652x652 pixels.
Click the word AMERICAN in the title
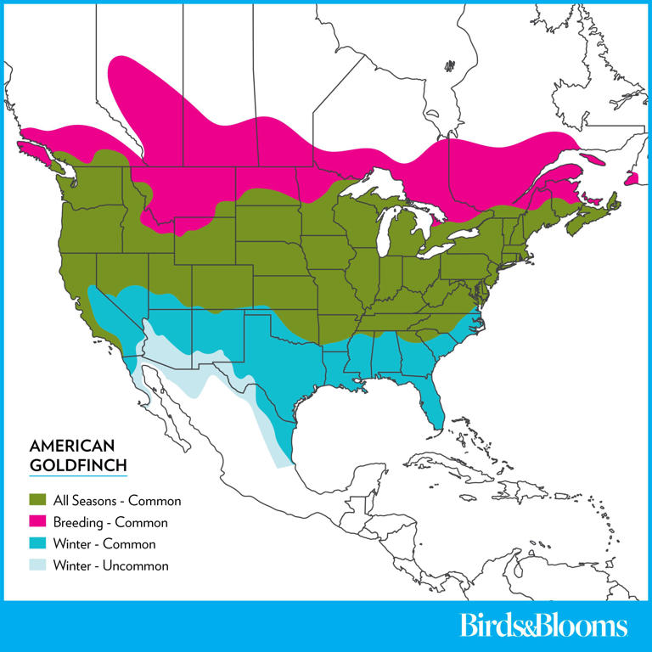tap(70, 446)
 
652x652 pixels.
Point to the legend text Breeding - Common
tap(110, 523)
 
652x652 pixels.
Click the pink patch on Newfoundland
tap(631, 179)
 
